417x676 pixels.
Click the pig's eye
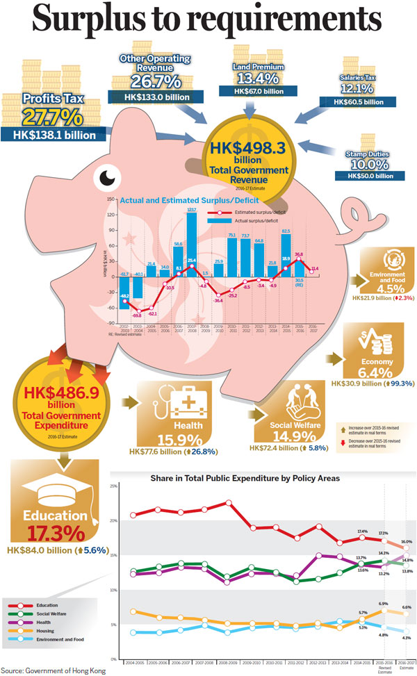(x=107, y=179)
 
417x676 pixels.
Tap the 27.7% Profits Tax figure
(x=49, y=115)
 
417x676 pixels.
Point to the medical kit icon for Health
(x=162, y=409)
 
